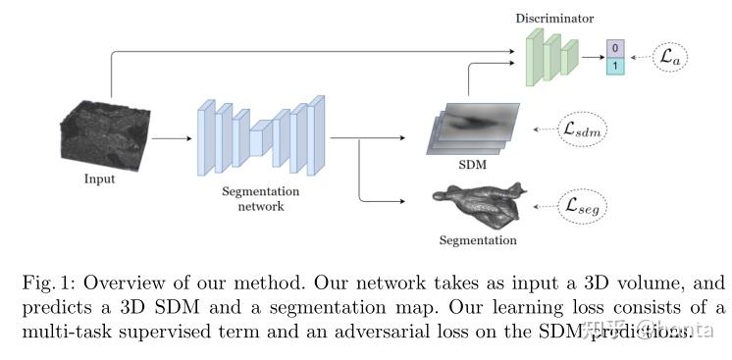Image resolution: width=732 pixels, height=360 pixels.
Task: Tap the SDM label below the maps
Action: pos(473,164)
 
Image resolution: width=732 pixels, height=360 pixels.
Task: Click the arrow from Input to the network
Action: pos(171,138)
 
